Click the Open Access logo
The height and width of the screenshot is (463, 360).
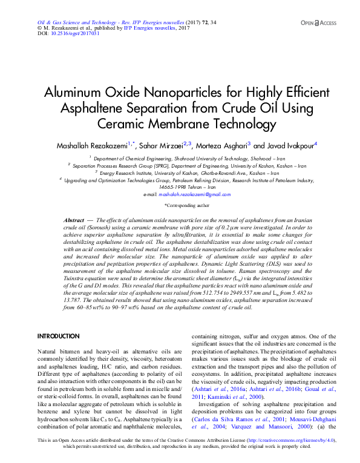318,22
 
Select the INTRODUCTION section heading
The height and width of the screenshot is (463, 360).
59,335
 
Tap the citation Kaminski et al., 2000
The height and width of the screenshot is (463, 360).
231,396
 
